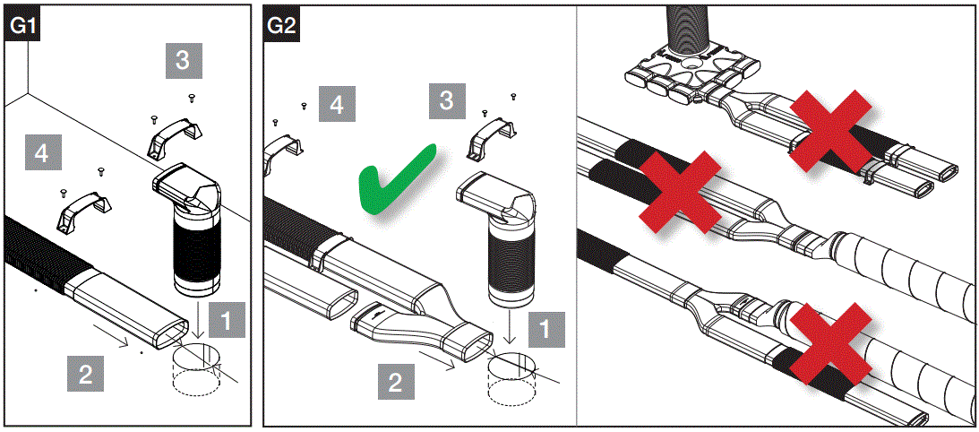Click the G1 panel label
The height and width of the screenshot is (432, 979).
point(21,26)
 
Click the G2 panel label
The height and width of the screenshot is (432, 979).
point(282,26)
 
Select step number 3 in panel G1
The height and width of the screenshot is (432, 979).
point(183,61)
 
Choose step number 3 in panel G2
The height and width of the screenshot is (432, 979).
point(446,99)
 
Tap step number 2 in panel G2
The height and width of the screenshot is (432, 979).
point(395,384)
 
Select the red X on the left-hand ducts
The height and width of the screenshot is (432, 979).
point(680,187)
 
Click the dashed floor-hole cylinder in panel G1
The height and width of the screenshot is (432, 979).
point(195,372)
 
